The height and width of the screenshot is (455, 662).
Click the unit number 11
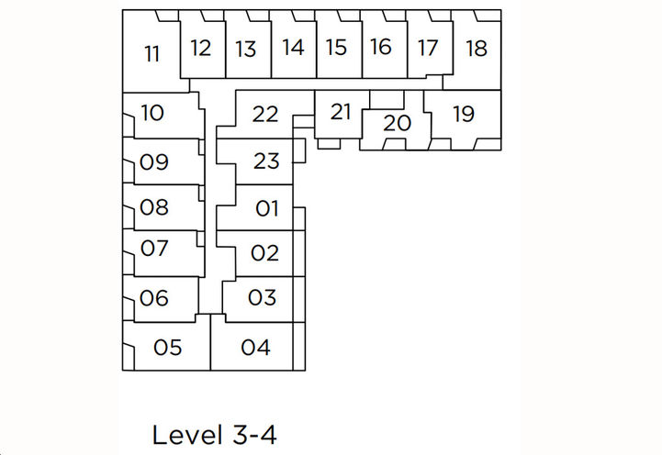pyautogui.click(x=152, y=54)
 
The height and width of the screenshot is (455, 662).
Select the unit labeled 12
pyautogui.click(x=201, y=48)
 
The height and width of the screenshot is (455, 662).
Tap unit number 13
pyautogui.click(x=245, y=49)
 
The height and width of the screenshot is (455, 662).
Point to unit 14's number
pyautogui.click(x=293, y=48)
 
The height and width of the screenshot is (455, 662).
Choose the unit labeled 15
pyautogui.click(x=337, y=48)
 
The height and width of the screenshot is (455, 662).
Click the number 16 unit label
pyautogui.click(x=382, y=47)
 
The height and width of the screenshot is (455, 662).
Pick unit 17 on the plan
pyautogui.click(x=428, y=48)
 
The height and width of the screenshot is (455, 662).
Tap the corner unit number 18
pyautogui.click(x=476, y=48)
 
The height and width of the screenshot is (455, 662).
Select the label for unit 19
pyautogui.click(x=464, y=114)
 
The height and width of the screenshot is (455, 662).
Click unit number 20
pyautogui.click(x=396, y=122)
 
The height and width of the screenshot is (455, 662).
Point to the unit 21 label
pyautogui.click(x=341, y=112)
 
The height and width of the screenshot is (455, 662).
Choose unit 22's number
pyautogui.click(x=265, y=115)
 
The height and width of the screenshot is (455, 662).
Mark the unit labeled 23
pyautogui.click(x=265, y=161)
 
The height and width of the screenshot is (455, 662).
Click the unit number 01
pyautogui.click(x=266, y=208)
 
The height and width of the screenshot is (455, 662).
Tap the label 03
pyautogui.click(x=262, y=297)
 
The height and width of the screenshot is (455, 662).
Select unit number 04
pyautogui.click(x=256, y=348)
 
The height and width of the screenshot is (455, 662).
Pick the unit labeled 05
pyautogui.click(x=168, y=348)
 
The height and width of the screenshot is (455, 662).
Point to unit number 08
pyautogui.click(x=154, y=207)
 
